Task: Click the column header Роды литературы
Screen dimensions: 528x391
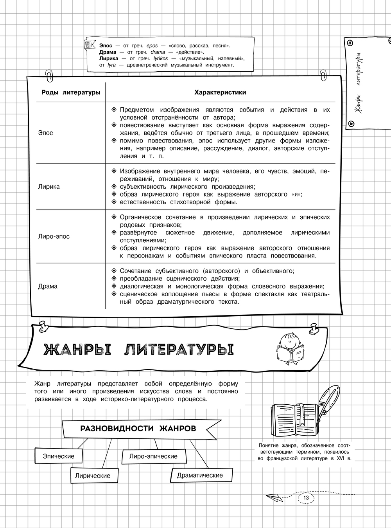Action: click(x=71, y=92)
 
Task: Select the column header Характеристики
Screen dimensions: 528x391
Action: click(x=220, y=92)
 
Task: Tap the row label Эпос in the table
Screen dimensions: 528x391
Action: click(x=46, y=133)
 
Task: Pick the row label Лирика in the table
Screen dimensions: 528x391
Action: click(x=49, y=186)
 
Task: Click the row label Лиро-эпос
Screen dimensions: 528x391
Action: click(x=54, y=236)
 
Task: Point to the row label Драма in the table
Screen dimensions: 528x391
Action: click(x=48, y=286)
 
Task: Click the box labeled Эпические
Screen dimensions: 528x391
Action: click(x=58, y=456)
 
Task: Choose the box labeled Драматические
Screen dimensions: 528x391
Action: click(x=200, y=475)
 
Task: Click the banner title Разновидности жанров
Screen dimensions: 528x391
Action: click(x=138, y=428)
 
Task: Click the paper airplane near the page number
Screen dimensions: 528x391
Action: click(x=275, y=497)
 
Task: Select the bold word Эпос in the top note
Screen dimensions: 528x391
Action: click(x=106, y=46)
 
